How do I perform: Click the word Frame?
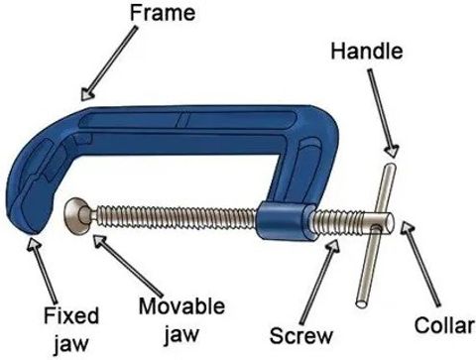(x=163, y=13)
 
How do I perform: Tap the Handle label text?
(x=367, y=52)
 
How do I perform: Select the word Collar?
(x=444, y=325)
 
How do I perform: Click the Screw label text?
(x=301, y=335)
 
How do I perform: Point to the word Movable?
(x=181, y=306)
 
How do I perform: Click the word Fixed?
(x=71, y=315)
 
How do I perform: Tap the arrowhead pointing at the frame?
(x=87, y=93)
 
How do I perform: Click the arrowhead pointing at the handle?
(x=392, y=151)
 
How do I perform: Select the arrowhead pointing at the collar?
(x=408, y=228)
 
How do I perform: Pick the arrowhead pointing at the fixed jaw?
(x=34, y=244)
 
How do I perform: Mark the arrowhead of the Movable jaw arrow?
(x=100, y=241)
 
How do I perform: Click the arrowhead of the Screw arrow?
(x=332, y=246)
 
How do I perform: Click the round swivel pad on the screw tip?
(x=76, y=216)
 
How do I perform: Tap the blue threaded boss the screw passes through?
(x=286, y=221)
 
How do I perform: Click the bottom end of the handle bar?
(x=362, y=303)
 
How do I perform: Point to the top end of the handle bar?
(x=390, y=167)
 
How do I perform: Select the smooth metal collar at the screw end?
(x=378, y=222)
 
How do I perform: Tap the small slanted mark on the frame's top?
(x=182, y=120)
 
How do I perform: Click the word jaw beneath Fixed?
(x=71, y=343)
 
